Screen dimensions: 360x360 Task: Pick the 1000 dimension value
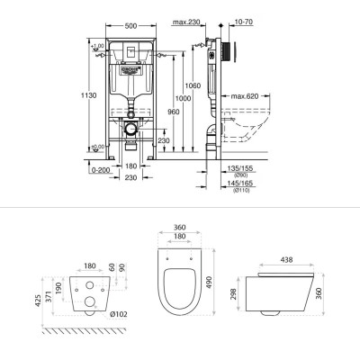[x=184, y=97]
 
